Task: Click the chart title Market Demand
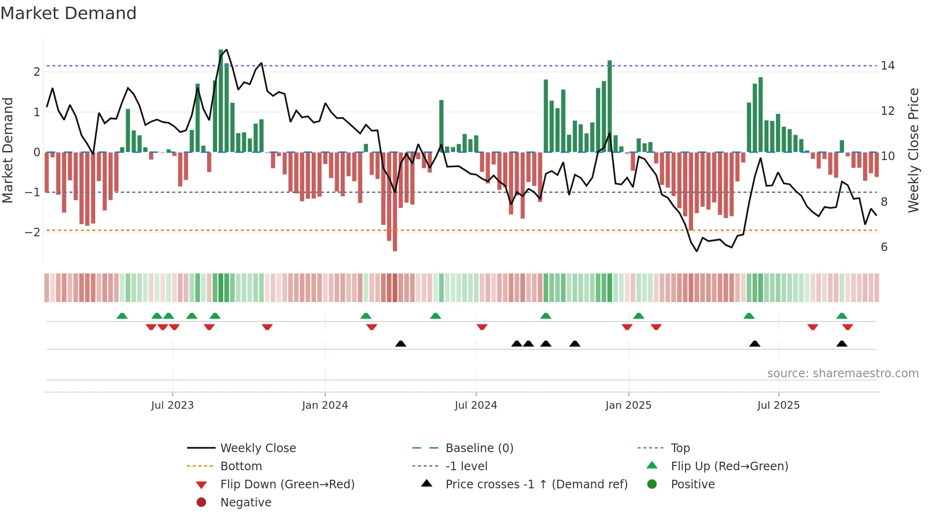[69, 13]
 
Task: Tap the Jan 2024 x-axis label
[325, 405]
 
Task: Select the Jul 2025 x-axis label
[778, 405]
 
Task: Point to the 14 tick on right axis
[887, 66]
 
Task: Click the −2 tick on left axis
[32, 232]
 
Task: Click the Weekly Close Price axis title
[913, 150]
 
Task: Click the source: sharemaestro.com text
[843, 374]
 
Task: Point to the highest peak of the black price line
[226, 50]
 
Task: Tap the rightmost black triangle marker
[842, 344]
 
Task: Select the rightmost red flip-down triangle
[847, 327]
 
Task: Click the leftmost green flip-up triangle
[122, 316]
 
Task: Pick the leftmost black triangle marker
[400, 344]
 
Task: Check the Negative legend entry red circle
[201, 503]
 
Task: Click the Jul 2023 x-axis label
[172, 405]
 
